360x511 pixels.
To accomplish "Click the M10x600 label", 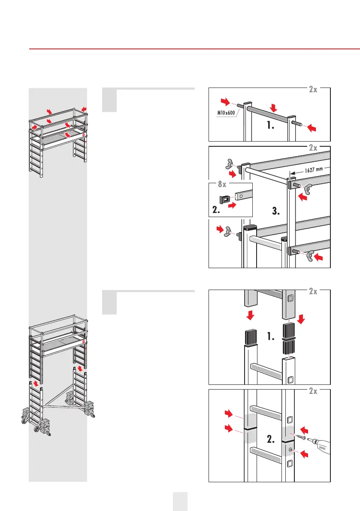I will coord(224,112).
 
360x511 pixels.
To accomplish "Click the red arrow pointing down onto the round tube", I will coord(272,107).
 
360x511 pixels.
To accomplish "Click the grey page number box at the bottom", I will coord(180,501).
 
